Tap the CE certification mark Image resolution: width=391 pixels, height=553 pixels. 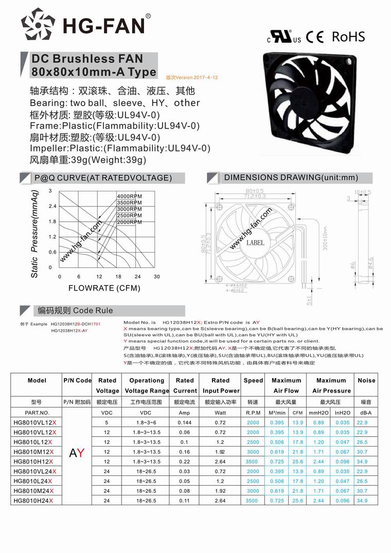click(314, 37)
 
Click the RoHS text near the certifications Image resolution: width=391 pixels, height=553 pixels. click(348, 37)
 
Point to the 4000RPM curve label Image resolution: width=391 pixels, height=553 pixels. click(130, 197)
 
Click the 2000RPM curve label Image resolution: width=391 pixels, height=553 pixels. click(130, 222)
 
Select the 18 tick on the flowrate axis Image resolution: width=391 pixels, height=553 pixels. click(118, 277)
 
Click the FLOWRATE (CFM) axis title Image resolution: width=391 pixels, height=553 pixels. click(104, 288)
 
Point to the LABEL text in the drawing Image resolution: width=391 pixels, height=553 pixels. click(256, 242)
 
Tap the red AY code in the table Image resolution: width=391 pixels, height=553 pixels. click(77, 452)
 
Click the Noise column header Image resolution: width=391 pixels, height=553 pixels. click(366, 381)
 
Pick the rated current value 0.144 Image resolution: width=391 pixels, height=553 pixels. click(184, 422)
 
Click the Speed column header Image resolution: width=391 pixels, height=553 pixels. click(253, 381)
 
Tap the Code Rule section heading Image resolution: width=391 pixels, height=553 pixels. click(72, 311)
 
